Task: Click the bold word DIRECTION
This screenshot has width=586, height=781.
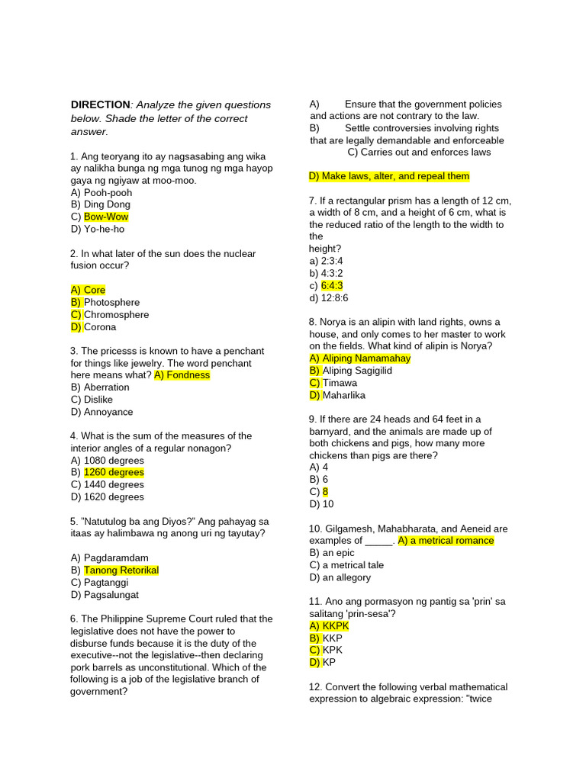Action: point(100,104)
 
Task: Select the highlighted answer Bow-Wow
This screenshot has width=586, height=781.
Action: point(106,217)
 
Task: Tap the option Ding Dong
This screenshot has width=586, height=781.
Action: point(107,204)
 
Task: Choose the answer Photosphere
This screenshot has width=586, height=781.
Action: point(111,302)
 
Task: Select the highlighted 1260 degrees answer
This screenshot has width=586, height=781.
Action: point(114,472)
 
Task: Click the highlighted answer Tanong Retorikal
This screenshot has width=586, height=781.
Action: point(121,570)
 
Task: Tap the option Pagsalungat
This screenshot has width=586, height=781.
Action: point(111,595)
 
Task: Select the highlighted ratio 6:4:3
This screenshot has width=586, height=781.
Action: point(332,285)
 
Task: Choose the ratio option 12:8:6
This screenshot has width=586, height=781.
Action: point(334,297)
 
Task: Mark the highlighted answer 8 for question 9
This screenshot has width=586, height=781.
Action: point(325,492)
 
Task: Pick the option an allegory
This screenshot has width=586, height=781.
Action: point(346,577)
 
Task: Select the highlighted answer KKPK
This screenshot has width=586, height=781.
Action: point(336,625)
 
